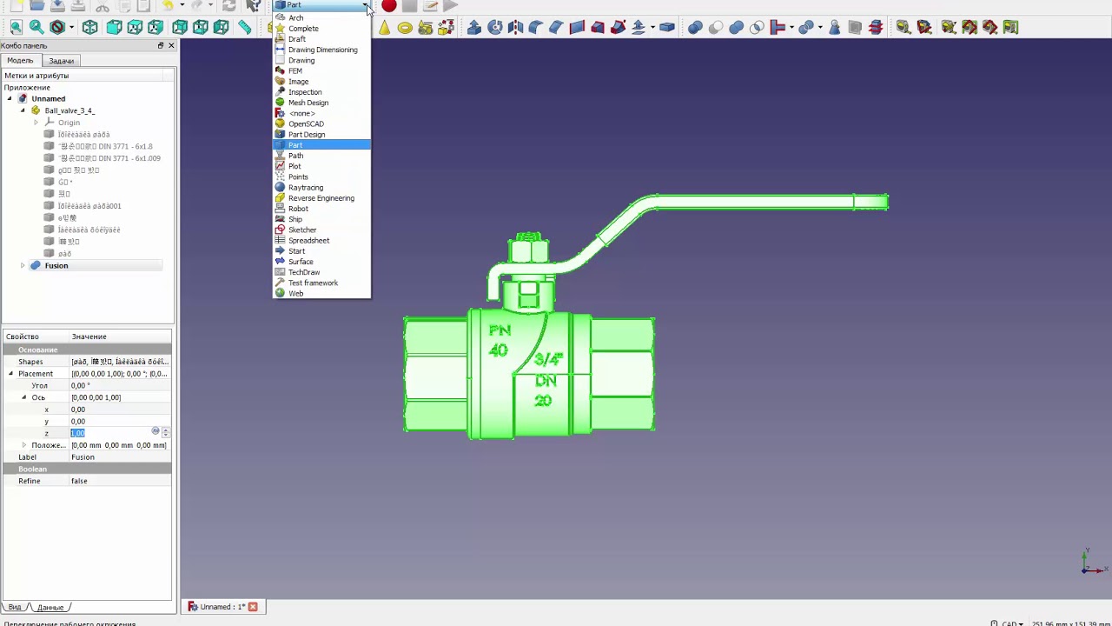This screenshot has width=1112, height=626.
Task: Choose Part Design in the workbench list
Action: pos(307,135)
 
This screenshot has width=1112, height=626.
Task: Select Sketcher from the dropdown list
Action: pos(302,230)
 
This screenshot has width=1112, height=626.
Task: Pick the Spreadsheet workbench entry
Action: pos(308,241)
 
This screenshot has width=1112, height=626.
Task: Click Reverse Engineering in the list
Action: pos(321,198)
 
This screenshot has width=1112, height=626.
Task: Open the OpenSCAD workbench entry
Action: pos(306,124)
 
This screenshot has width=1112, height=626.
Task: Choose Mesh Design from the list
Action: pos(308,103)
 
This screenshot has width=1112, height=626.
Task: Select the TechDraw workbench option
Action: pos(304,272)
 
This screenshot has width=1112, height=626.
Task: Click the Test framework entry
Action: pos(313,283)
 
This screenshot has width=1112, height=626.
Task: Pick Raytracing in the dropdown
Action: pos(305,188)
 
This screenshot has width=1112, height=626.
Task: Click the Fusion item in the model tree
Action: pos(56,266)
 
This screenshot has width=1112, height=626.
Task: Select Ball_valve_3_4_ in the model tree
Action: pos(69,111)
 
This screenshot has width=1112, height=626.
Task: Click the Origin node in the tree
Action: pos(69,123)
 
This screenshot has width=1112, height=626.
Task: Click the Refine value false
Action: pos(79,482)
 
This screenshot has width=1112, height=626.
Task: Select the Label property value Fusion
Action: pos(83,457)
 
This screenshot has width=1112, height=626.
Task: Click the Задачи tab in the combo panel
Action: pos(61,61)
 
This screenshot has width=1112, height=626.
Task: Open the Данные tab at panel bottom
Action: pos(50,607)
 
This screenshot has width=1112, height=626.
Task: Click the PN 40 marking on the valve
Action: pos(499,340)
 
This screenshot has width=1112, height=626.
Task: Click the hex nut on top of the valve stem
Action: pos(529,251)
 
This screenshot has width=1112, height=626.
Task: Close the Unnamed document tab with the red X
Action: pos(253,607)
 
